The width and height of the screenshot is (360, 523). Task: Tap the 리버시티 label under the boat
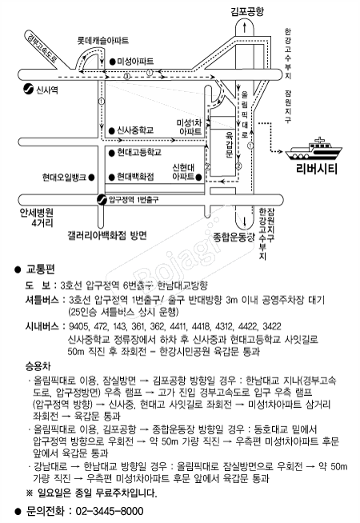pos(317,169)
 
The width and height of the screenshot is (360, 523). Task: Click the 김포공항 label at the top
pos(247,12)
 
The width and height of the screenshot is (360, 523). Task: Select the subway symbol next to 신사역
pos(28,89)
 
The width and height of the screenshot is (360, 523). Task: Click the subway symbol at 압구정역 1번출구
pos(102,199)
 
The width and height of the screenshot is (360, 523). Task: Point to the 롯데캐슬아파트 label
pos(102,41)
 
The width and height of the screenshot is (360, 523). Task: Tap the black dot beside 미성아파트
pos(113,62)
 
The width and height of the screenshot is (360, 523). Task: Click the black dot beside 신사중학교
pos(113,130)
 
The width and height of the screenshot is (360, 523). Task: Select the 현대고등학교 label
pos(139,153)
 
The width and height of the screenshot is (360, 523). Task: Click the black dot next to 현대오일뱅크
pos(90,177)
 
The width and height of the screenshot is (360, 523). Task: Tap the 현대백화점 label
pos(135,177)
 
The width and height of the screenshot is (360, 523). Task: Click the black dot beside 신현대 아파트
pos(199,177)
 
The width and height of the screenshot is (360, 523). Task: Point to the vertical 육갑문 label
pos(230,144)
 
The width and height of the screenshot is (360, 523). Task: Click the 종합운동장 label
pos(234,238)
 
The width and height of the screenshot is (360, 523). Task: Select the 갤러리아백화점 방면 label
pos(107,235)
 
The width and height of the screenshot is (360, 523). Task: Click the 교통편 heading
pos(40,269)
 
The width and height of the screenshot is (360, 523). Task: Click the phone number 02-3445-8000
pos(110,511)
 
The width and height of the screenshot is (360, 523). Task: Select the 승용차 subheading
pos(38,366)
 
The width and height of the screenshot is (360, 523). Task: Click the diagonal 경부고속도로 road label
pos(42,48)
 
